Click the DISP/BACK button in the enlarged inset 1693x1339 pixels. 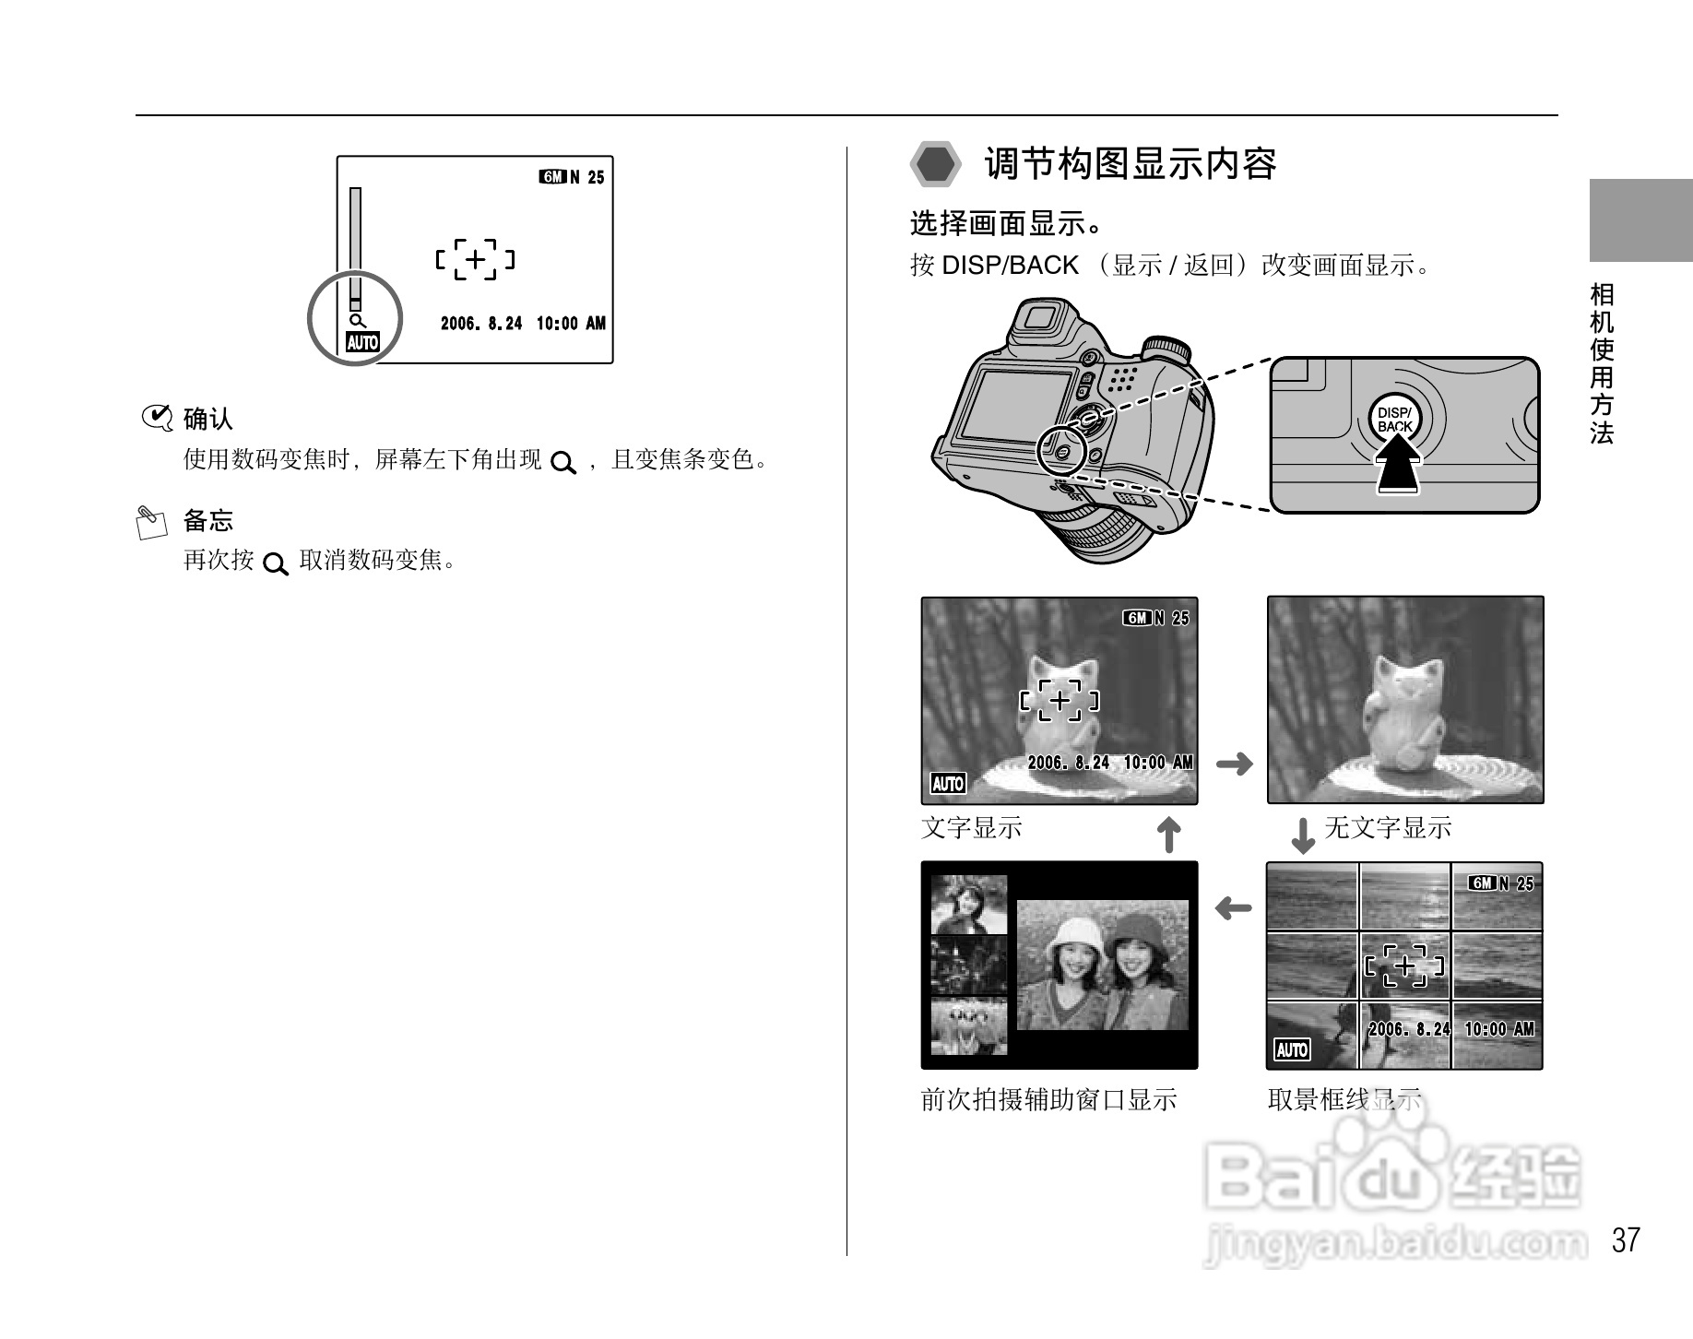tap(1394, 421)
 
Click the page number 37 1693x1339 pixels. tap(1626, 1239)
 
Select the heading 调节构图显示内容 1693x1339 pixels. tap(1130, 164)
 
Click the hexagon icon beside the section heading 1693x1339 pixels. tap(936, 165)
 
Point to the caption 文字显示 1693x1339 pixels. tap(971, 827)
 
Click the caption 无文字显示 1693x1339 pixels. tap(1388, 827)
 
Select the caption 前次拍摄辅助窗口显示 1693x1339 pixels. tap(1048, 1099)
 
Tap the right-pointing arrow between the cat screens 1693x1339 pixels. tap(1234, 764)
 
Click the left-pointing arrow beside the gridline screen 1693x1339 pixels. tap(1233, 909)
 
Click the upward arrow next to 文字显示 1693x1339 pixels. tap(1168, 835)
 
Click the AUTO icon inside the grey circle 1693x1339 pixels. tap(362, 343)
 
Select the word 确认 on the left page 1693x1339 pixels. tap(208, 419)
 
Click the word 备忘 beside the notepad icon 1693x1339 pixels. tap(208, 520)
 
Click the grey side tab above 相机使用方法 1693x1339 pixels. tap(1640, 221)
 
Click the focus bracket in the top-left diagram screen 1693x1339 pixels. tap(475, 260)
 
